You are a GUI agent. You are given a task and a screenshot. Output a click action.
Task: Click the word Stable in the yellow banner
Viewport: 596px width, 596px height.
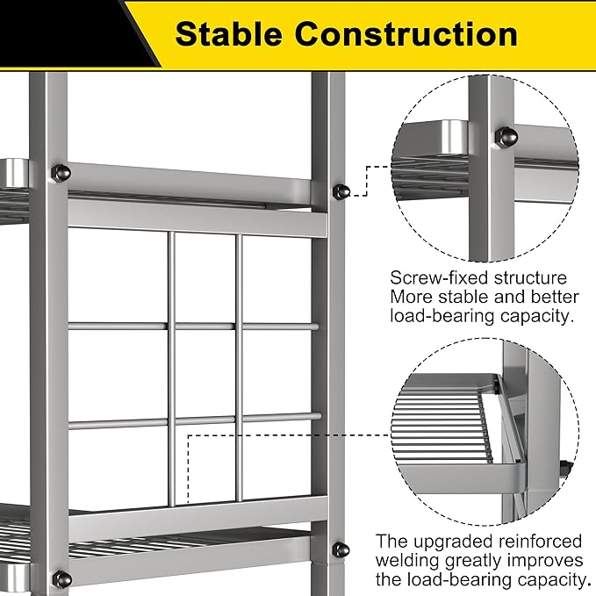228,34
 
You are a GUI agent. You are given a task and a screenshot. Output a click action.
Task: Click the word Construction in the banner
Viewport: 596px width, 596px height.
406,34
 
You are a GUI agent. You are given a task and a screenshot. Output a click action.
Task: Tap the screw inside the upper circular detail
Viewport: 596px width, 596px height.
506,137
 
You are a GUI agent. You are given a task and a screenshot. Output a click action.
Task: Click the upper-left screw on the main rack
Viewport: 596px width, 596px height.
61,173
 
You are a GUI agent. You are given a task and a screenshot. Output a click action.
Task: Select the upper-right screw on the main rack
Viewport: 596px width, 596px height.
341,192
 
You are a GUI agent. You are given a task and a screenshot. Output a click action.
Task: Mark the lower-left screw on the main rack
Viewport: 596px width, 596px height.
62,579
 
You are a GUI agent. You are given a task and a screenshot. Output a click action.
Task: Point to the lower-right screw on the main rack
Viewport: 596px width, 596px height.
341,549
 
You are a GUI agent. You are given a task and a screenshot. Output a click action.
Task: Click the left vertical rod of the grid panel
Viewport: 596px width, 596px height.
171,369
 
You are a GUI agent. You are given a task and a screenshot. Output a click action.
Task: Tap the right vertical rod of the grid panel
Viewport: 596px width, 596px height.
239,368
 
